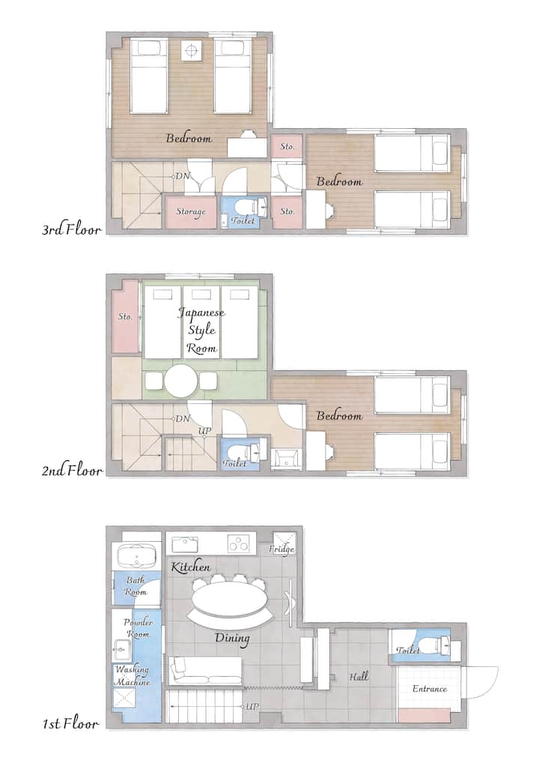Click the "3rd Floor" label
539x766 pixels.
coord(72,229)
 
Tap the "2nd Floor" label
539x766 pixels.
coord(72,471)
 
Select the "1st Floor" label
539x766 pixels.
coord(70,723)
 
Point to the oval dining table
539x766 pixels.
coord(230,598)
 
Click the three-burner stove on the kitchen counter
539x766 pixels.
coord(240,543)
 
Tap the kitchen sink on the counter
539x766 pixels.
coord(185,543)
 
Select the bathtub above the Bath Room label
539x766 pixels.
coord(136,556)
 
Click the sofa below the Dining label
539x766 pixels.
coord(205,670)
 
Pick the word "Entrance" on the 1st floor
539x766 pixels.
coord(430,689)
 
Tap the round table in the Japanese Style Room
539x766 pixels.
coord(181,381)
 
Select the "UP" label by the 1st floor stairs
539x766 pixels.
coord(252,706)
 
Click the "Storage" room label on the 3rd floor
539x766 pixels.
coord(191,211)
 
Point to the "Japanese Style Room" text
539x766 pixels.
coord(201,331)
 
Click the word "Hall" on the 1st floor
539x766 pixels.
coord(359,677)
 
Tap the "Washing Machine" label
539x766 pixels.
coord(133,675)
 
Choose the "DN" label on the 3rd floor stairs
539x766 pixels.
coord(183,176)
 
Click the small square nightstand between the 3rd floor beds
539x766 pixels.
coord(191,51)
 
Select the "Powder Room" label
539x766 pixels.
coord(138,628)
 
